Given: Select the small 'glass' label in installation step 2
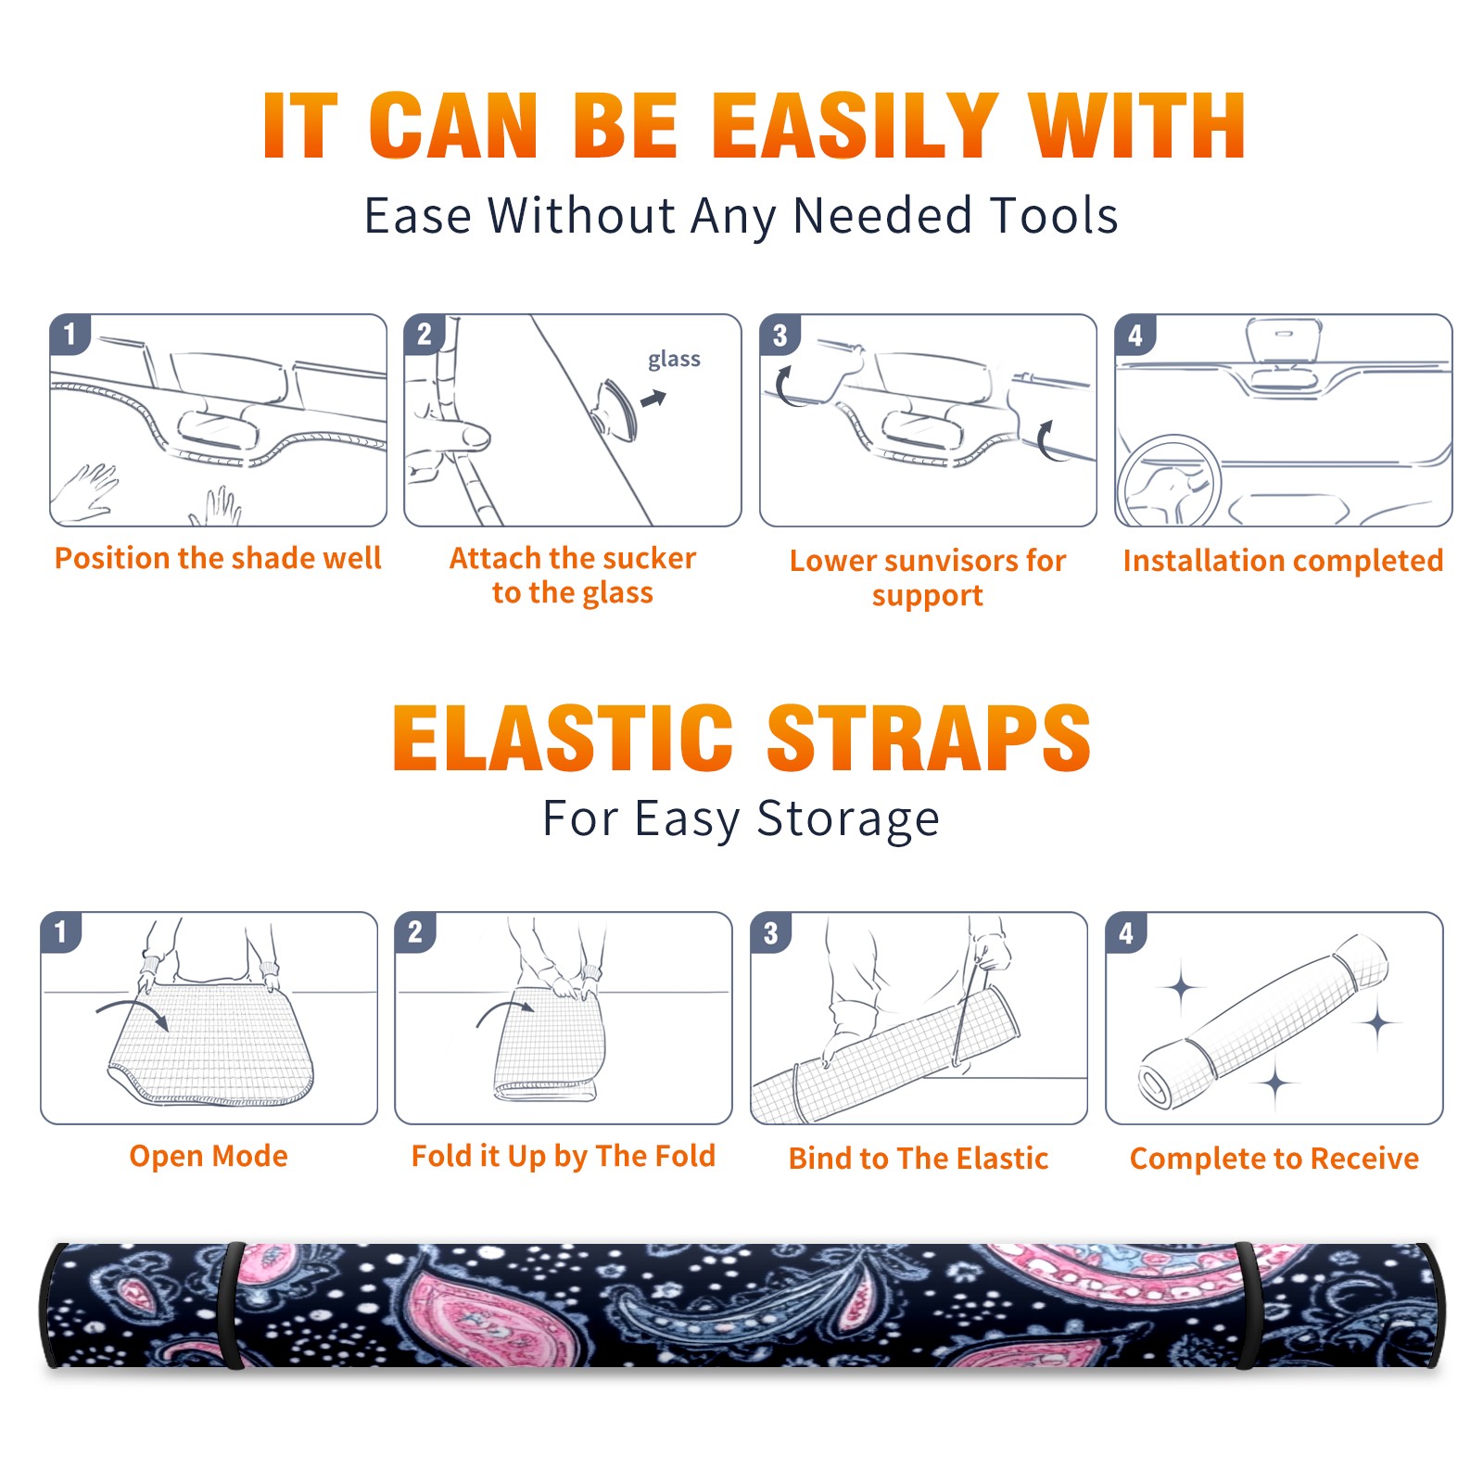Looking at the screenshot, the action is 674,360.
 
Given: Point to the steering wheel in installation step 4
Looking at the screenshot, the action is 1169,481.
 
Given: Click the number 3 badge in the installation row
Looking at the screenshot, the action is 780,335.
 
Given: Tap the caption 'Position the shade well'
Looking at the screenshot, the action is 218,558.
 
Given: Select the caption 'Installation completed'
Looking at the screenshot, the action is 1283,561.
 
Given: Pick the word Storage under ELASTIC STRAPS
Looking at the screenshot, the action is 848,819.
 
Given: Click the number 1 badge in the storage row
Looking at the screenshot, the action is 61,932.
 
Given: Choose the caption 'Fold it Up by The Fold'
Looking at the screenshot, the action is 564,1157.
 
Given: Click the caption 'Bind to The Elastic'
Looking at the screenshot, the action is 919,1159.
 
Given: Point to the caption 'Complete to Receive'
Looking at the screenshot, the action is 1274,1159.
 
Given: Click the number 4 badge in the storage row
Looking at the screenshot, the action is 1126,932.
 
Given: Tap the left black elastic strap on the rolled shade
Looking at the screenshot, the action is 232,1305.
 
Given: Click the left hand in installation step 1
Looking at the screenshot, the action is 85,491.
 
